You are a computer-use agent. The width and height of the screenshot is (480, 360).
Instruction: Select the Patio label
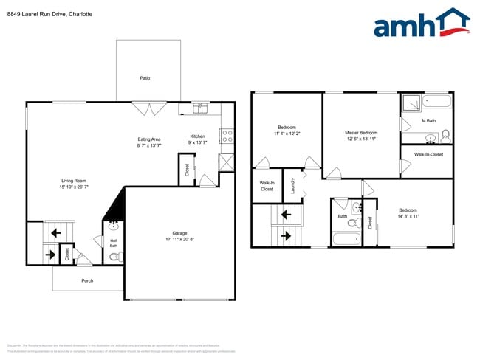pyautogui.click(x=145, y=77)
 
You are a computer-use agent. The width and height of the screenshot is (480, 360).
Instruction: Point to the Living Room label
pyautogui.click(x=74, y=181)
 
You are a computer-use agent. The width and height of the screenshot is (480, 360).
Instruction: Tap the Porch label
pyautogui.click(x=87, y=280)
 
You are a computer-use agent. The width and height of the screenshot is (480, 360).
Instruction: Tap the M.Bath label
pyautogui.click(x=428, y=121)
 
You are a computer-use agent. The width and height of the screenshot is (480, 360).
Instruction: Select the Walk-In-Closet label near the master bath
pyautogui.click(x=428, y=155)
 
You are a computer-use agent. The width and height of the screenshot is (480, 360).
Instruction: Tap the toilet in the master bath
pyautogui.click(x=445, y=135)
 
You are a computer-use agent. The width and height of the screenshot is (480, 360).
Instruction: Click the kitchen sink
pyautogui.click(x=199, y=108)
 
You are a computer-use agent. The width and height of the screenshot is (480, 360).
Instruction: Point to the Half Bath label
pyautogui.click(x=114, y=243)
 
